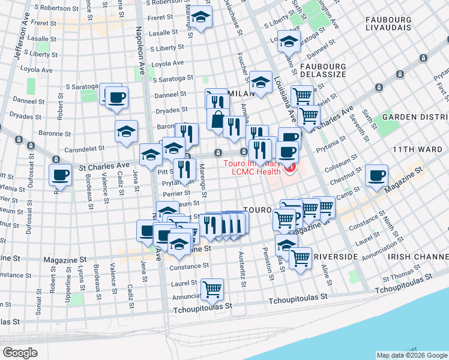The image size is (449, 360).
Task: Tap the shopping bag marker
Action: click(x=217, y=119)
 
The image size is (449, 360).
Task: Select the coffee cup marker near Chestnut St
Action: click(x=376, y=175)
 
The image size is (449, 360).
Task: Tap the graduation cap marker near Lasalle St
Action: click(x=200, y=17)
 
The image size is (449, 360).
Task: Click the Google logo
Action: click(x=20, y=353)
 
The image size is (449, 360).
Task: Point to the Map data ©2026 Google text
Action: click(x=411, y=355)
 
